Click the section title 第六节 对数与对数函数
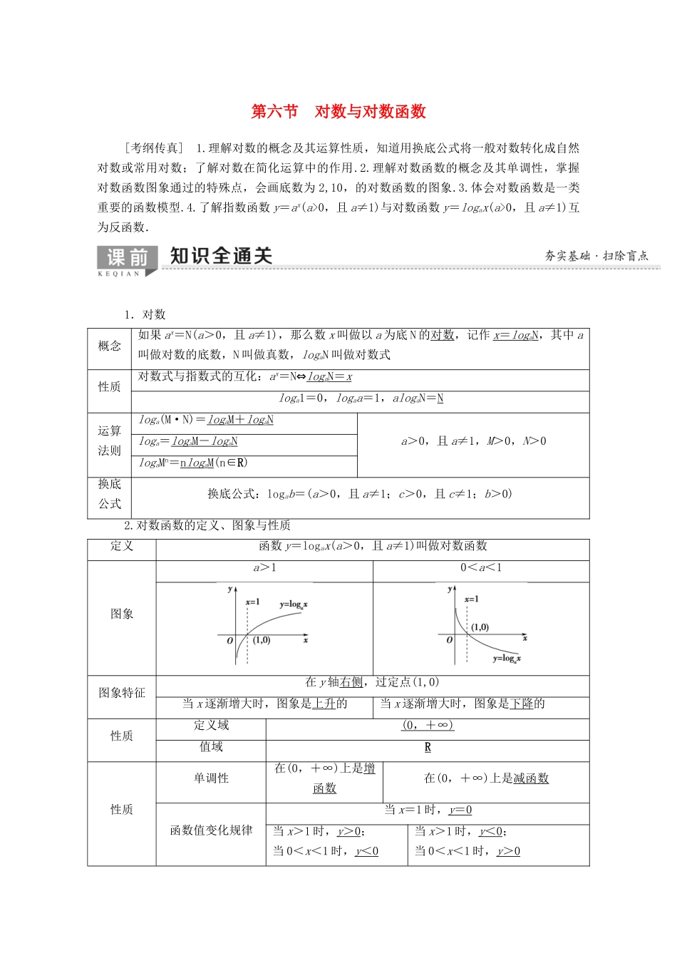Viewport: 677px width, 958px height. click(338, 111)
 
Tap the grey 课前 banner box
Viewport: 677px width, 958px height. click(127, 259)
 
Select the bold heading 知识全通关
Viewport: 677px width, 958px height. click(221, 256)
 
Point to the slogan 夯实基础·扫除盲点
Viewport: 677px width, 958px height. click(596, 256)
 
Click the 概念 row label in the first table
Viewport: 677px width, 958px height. click(110, 346)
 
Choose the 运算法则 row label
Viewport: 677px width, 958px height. click(110, 441)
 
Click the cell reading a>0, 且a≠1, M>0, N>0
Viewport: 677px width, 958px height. click(473, 441)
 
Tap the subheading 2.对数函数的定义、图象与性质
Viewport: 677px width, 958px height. click(207, 525)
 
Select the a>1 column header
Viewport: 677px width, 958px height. click(264, 568)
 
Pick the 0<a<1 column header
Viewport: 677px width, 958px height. click(481, 568)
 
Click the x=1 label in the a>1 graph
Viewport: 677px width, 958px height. click(253, 602)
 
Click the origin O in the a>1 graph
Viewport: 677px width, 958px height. click(230, 641)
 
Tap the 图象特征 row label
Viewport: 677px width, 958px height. click(122, 693)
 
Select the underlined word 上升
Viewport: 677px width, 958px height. click(324, 704)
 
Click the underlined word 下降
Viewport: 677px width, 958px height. click(522, 704)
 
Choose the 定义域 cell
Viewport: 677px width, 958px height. click(211, 725)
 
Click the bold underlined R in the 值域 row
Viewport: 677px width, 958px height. click(428, 747)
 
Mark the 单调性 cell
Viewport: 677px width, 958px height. click(211, 778)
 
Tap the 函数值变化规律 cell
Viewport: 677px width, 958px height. click(211, 830)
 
